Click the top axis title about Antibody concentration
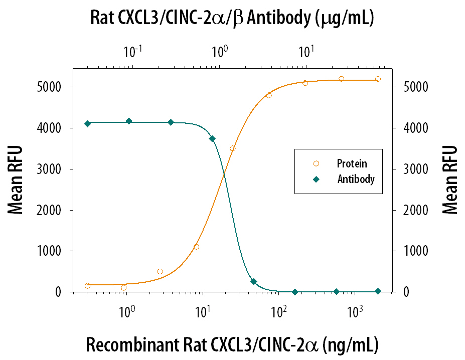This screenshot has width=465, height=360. click(x=232, y=19)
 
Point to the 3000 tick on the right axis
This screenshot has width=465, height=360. click(x=413, y=169)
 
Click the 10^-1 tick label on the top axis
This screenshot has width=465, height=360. click(x=133, y=51)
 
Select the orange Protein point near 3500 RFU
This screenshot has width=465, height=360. click(x=232, y=148)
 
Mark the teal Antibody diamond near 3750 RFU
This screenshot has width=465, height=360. click(x=212, y=138)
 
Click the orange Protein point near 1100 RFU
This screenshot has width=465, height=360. click(x=196, y=247)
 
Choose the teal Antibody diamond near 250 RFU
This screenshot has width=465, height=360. click(x=254, y=282)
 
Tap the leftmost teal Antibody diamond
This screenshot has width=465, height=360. click(x=88, y=124)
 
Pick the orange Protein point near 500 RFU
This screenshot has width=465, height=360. click(x=160, y=271)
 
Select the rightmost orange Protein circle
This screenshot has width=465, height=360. click(x=378, y=79)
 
